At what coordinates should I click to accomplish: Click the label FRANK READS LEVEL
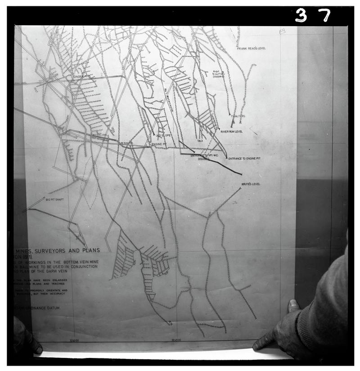click(252, 48)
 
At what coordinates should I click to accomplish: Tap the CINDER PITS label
click(81, 77)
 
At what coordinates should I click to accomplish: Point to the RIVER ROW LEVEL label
click(231, 131)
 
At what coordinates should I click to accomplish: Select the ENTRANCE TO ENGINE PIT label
click(244, 158)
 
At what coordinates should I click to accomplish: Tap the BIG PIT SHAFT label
click(55, 199)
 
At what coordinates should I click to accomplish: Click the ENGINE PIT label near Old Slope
click(159, 144)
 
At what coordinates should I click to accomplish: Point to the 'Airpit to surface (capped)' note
click(219, 74)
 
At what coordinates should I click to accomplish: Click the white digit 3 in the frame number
click(301, 16)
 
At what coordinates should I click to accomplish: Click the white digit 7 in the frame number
click(324, 15)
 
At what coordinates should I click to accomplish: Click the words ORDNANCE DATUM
click(44, 308)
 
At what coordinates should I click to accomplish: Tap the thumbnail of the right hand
click(293, 306)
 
